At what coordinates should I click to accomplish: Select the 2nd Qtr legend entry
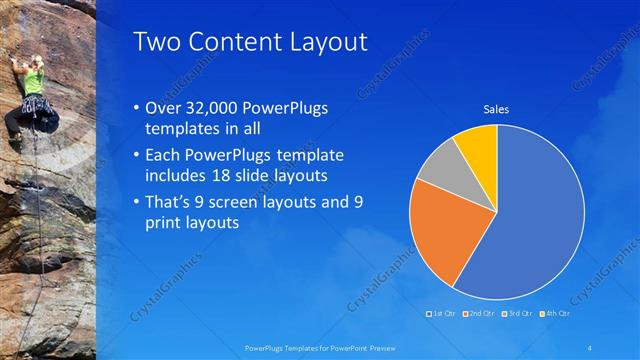pyautogui.click(x=478, y=314)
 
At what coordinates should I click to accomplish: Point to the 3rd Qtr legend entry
pyautogui.click(x=516, y=314)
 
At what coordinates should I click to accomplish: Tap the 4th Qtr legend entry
pyautogui.click(x=553, y=314)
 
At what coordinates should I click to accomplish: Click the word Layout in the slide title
pyautogui.click(x=319, y=42)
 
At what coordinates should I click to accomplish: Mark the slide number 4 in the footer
pyautogui.click(x=591, y=346)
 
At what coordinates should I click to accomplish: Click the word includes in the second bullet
pyautogui.click(x=177, y=176)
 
